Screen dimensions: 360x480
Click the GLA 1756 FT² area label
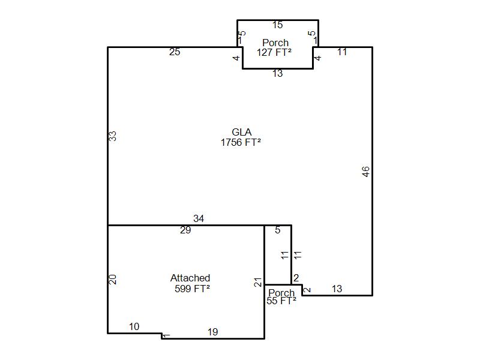pyautogui.click(x=241, y=137)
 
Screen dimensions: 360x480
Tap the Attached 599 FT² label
pyautogui.click(x=190, y=283)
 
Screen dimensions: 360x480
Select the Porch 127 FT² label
pyautogui.click(x=275, y=47)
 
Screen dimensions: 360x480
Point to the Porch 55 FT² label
pyautogui.click(x=281, y=297)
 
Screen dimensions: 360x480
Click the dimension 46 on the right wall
pyautogui.click(x=366, y=171)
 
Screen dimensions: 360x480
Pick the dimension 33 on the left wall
pyautogui.click(x=112, y=136)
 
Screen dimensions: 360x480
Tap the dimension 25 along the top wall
pyautogui.click(x=175, y=52)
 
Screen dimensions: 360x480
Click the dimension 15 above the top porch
pyautogui.click(x=277, y=25)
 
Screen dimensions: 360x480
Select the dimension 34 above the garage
pyautogui.click(x=199, y=219)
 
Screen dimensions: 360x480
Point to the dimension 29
pyautogui.click(x=185, y=230)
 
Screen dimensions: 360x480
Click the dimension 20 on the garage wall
pyautogui.click(x=112, y=279)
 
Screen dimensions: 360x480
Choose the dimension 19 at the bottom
pyautogui.click(x=212, y=332)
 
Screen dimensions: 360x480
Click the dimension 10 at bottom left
pyautogui.click(x=134, y=327)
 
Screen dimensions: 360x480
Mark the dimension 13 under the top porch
pyautogui.click(x=277, y=74)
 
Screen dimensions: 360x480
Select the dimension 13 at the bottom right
pyautogui.click(x=337, y=289)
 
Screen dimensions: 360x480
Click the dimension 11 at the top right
pyautogui.click(x=342, y=52)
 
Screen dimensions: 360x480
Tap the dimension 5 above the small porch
pyautogui.click(x=278, y=230)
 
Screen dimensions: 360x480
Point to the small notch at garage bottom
pyautogui.click(x=163, y=336)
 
